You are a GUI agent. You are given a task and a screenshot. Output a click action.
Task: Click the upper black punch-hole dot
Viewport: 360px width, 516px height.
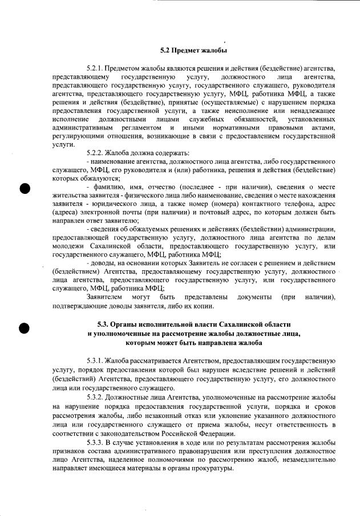[x=26, y=188]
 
